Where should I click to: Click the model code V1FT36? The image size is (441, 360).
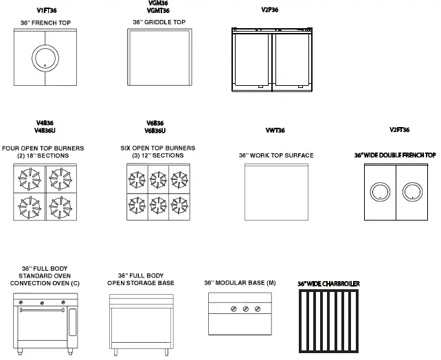(x=47, y=11)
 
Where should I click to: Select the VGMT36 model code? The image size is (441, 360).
(x=159, y=11)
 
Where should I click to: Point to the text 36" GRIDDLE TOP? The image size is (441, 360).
(x=159, y=22)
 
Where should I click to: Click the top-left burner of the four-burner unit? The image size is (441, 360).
(x=30, y=179)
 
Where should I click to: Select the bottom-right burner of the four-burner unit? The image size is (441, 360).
(x=62, y=205)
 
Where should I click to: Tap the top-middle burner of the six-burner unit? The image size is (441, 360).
(x=159, y=180)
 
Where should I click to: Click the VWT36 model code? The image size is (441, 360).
(x=275, y=131)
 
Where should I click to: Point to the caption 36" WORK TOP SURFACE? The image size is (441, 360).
(x=275, y=156)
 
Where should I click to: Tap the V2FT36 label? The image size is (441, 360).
(x=399, y=131)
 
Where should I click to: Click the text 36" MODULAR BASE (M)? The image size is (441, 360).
(x=240, y=283)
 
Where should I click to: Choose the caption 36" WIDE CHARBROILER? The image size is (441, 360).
(x=328, y=283)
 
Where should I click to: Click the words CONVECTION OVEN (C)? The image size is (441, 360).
(x=45, y=283)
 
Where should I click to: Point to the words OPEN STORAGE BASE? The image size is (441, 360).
(x=141, y=283)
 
